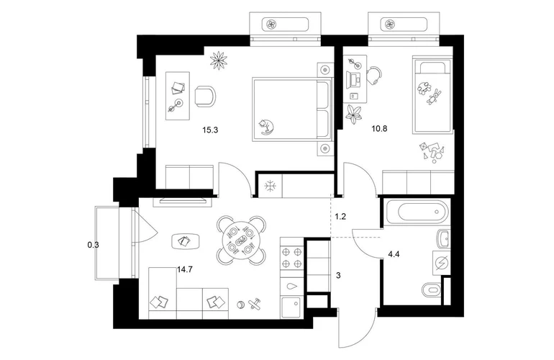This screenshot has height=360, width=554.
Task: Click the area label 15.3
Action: (210, 130)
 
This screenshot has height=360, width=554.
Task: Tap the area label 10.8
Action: (379, 129)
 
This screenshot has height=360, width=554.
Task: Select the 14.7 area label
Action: (185, 270)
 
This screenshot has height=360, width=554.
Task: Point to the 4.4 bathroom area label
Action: (394, 254)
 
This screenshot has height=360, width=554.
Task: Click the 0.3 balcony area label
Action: (93, 244)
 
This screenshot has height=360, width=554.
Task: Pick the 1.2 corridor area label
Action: (340, 217)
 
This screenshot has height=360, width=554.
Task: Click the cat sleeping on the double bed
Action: (266, 127)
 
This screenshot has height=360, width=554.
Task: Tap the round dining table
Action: (241, 241)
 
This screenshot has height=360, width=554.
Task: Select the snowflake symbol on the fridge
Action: (271, 186)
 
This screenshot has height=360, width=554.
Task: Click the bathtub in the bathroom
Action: (418, 212)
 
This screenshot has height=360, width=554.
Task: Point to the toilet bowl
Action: (432, 290)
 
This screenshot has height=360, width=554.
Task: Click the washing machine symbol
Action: (442, 264)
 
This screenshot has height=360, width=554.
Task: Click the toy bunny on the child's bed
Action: (435, 96)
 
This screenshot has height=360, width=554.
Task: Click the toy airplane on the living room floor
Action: (255, 303)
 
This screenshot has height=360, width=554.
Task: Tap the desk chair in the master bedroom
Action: (205, 96)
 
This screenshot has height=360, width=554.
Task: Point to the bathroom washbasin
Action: (443, 239)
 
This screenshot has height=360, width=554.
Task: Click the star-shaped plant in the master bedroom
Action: (218, 60)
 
